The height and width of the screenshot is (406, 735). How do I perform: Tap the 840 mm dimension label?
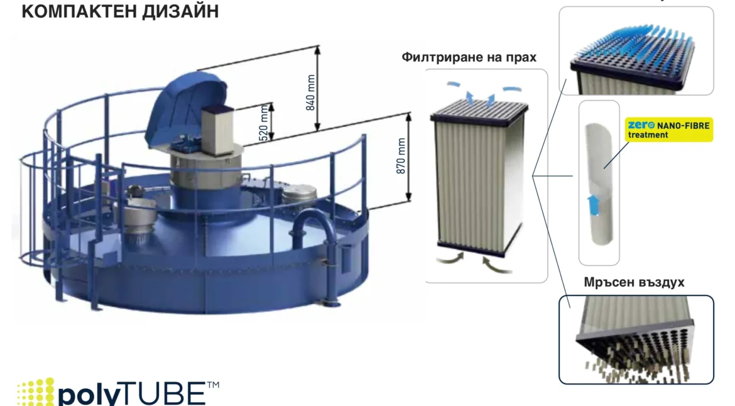[x=311, y=93]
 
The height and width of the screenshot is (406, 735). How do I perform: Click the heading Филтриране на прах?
[x=469, y=57]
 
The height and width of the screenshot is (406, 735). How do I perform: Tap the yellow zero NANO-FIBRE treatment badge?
[x=668, y=130]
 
